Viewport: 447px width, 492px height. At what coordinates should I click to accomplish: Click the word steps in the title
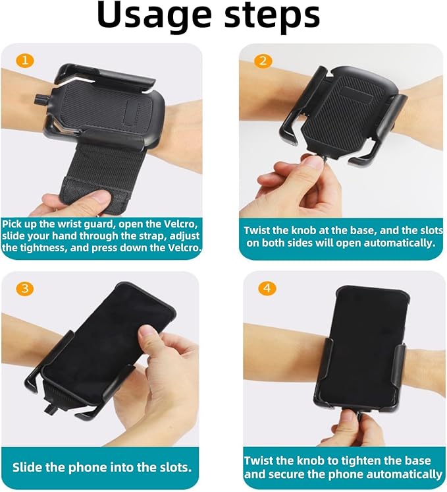[272, 17]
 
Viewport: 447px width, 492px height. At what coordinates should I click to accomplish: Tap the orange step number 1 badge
[25, 60]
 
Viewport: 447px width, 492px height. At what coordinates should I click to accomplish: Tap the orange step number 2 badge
[263, 61]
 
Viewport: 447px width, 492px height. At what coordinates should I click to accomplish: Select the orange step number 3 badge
[25, 288]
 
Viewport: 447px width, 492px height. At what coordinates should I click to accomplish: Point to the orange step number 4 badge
[267, 288]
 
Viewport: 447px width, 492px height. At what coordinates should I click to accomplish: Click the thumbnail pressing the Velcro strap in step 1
[101, 197]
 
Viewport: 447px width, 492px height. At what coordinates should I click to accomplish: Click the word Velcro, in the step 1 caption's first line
[181, 224]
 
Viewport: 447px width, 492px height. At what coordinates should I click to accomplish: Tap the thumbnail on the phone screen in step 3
[147, 334]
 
